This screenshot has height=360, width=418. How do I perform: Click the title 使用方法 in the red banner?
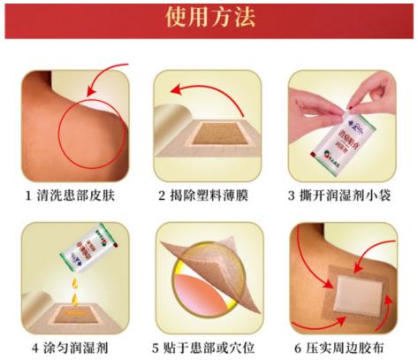(209, 19)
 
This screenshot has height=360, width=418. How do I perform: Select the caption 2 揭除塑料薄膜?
(208, 195)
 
